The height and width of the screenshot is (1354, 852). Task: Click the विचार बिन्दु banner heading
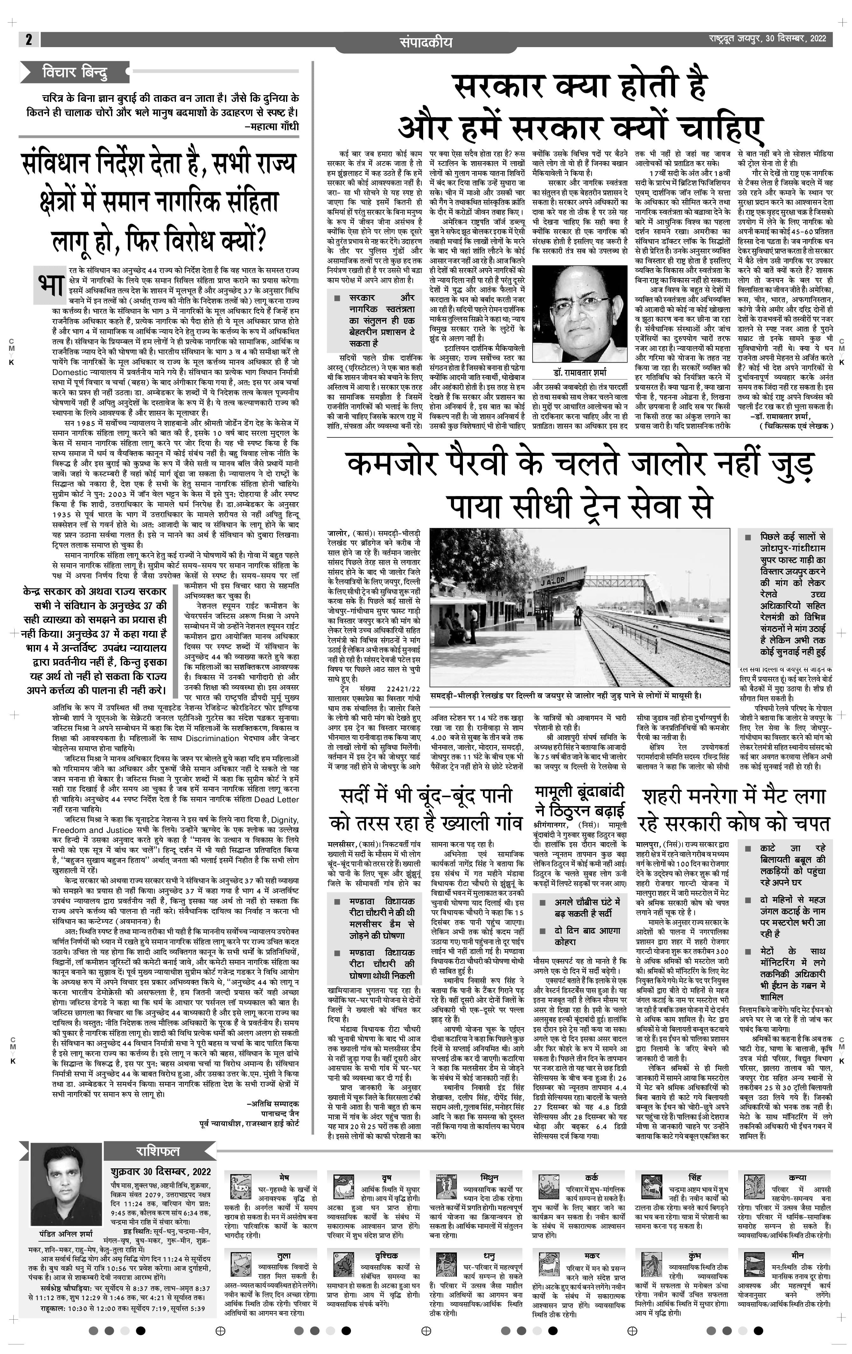[x=75, y=73]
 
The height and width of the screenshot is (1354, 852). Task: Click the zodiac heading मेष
[x=284, y=1177]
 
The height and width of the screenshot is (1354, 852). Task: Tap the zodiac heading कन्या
[x=798, y=1177]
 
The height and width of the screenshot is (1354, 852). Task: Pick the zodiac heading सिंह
[x=695, y=1177]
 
